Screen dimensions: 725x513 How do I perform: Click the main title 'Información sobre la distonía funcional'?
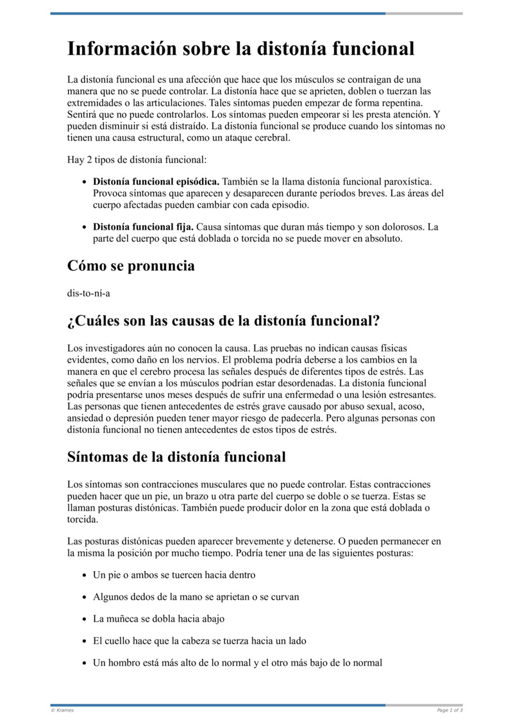click(240, 49)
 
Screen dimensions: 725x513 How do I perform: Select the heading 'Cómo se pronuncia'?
click(131, 265)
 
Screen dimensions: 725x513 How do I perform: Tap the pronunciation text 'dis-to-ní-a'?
click(88, 293)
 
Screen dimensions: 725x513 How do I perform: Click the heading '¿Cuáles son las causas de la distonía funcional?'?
click(223, 320)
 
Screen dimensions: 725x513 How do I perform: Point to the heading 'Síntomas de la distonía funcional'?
click(176, 457)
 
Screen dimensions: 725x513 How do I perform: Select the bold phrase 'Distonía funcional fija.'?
click(144, 226)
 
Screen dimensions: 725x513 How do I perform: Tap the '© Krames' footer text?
click(62, 710)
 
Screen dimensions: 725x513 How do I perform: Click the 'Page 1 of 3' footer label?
click(450, 710)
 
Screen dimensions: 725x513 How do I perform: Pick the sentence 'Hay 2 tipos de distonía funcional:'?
click(137, 159)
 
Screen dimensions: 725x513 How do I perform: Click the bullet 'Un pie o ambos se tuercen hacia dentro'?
click(174, 575)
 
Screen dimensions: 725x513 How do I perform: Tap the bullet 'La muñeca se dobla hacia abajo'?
click(158, 618)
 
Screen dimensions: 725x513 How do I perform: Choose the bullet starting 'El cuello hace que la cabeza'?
click(199, 640)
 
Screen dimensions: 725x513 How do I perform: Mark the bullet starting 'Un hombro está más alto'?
click(237, 662)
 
